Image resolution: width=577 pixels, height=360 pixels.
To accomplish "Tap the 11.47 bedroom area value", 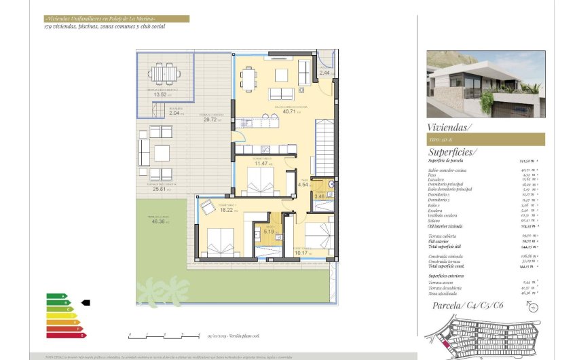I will coord(262,164).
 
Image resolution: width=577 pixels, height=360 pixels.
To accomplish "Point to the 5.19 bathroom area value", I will coord(268,232).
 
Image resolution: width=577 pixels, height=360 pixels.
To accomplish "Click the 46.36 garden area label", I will coord(161,221).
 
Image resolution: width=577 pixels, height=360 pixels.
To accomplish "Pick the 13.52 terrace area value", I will coord(160,94).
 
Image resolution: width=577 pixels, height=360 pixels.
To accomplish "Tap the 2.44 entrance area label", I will coord(324,73).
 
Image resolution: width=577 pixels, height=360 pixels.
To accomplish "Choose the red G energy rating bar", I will coord(66,335).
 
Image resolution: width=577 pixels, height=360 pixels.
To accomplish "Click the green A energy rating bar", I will coord(56,296).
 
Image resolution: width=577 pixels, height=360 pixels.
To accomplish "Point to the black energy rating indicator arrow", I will coord(86,303).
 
